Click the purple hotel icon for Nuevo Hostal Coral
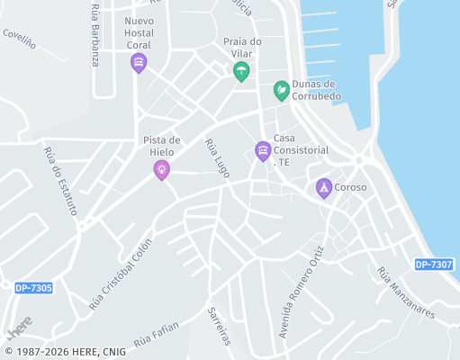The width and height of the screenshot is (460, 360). tap(138, 62)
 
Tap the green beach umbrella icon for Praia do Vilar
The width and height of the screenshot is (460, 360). tap(240, 71)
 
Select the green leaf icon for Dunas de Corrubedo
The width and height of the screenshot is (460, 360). tap(282, 90)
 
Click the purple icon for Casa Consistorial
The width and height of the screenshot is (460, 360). tap(263, 150)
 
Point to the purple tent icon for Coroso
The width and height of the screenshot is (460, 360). tap(323, 187)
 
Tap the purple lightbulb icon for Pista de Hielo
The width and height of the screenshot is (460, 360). tap(162, 169)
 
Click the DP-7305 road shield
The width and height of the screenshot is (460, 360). tap(33, 288)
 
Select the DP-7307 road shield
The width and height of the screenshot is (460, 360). tap(434, 265)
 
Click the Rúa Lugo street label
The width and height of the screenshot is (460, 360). tap(218, 157)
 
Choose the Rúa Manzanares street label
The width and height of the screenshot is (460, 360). tap(406, 292)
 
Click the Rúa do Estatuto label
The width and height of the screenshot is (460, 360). tap(60, 180)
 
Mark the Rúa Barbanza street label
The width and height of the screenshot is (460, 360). tap(95, 34)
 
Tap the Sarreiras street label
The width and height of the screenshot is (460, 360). tap(219, 325)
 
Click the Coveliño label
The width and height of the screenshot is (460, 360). tap(18, 37)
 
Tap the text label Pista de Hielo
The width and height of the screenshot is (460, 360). tap(162, 146)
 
